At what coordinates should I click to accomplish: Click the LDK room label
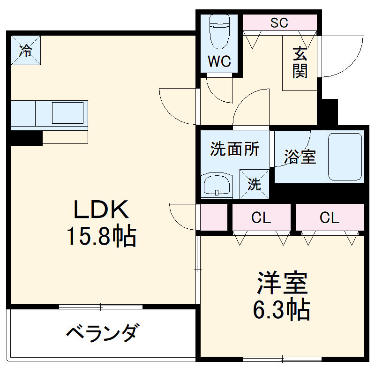(x=101, y=210)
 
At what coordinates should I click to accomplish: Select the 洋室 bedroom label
(x=282, y=283)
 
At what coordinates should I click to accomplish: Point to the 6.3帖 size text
(x=282, y=309)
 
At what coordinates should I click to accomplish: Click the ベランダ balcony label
(x=102, y=334)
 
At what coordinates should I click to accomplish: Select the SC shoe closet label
(x=279, y=22)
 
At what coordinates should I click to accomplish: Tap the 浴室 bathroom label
(x=300, y=157)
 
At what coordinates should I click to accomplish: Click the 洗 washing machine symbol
(x=254, y=184)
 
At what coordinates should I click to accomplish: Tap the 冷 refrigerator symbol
(x=26, y=50)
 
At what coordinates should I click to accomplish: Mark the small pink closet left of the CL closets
(x=214, y=217)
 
